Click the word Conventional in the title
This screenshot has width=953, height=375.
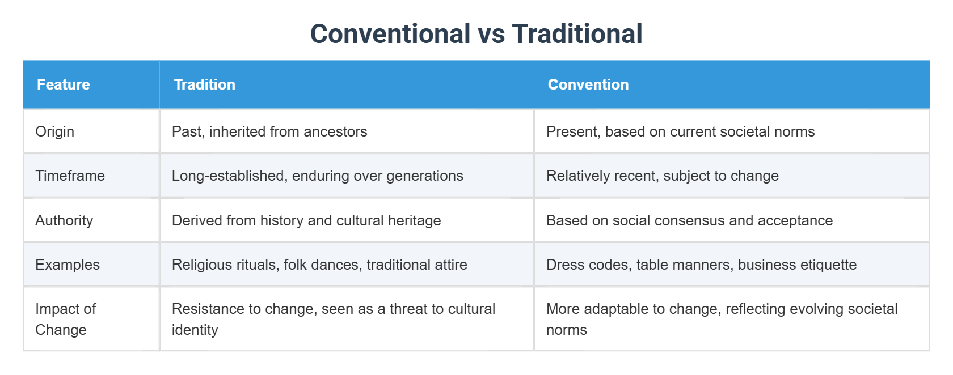point(390,34)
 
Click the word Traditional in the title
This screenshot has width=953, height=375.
point(577,34)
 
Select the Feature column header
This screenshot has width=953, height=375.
point(64,84)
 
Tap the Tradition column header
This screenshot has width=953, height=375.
point(204,84)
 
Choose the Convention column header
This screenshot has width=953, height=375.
point(588,84)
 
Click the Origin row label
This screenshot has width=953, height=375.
point(55,131)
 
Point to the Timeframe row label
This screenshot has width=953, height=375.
point(70,176)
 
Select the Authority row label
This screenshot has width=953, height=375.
point(64,220)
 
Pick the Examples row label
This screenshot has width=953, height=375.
point(68,265)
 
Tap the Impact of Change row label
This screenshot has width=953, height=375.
point(65,319)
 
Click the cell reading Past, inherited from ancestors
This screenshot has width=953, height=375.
point(269,131)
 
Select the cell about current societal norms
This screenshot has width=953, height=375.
point(680,131)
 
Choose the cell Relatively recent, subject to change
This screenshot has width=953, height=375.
point(662,176)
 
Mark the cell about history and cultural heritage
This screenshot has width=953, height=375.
point(306,220)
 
